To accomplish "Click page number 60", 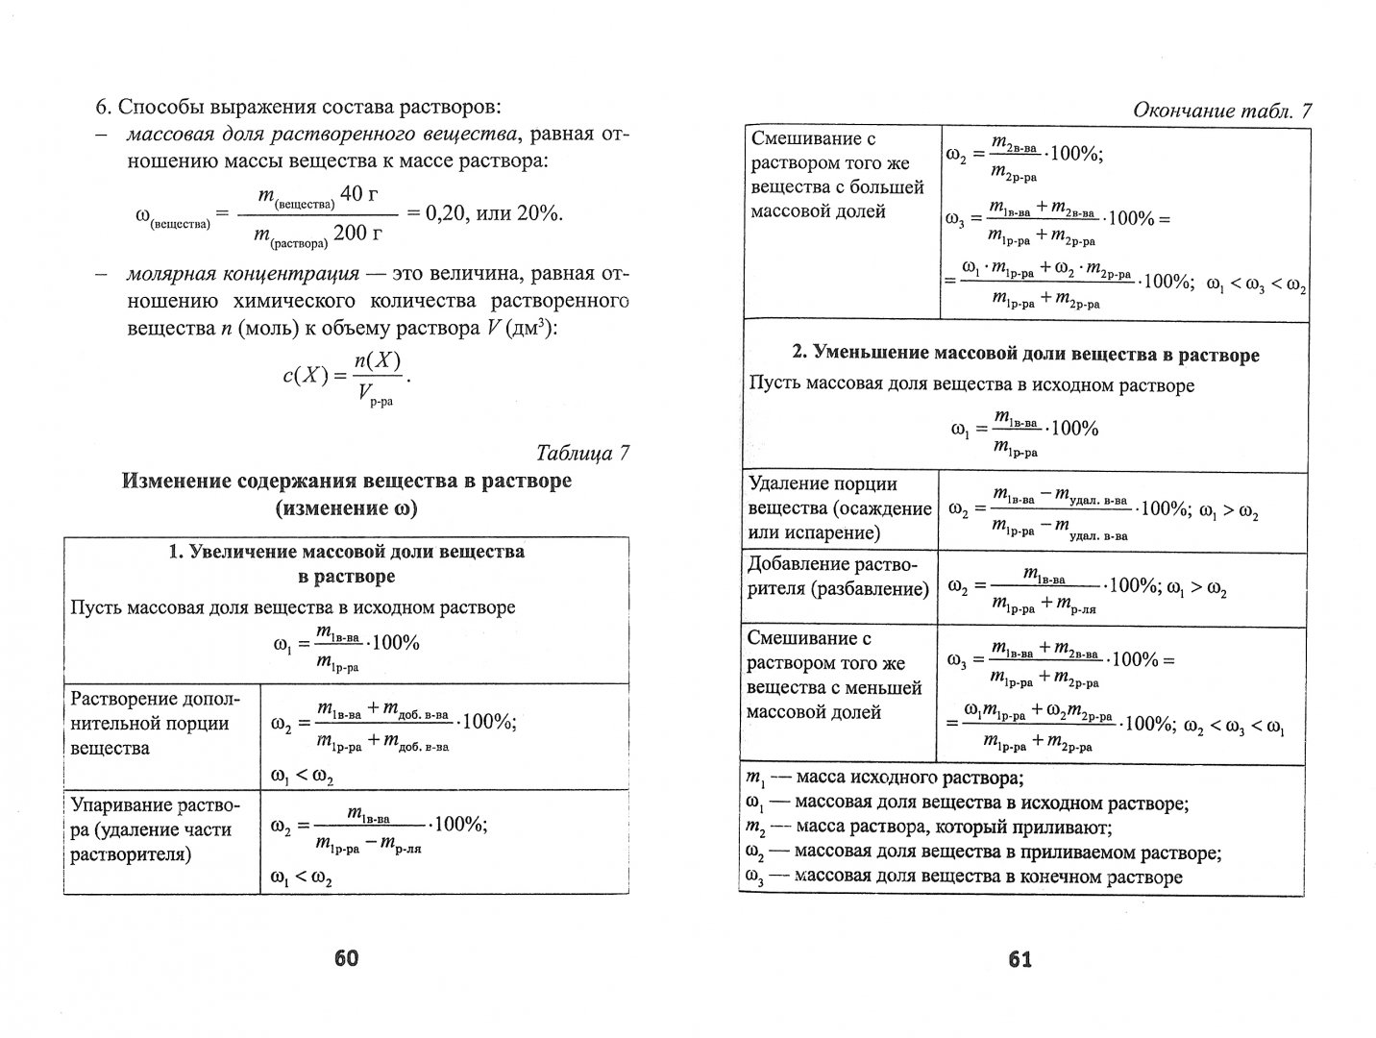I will click(x=345, y=957).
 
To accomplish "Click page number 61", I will click(x=1020, y=958).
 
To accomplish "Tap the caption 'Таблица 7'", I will click(x=583, y=453).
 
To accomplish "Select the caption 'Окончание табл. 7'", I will click(x=1222, y=111).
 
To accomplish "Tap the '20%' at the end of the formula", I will click(x=538, y=213).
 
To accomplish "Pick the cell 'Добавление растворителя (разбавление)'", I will click(x=838, y=577).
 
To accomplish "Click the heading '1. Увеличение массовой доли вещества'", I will click(x=346, y=564).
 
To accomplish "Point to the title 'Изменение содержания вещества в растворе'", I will click(x=347, y=481).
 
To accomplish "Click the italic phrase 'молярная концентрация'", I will click(x=243, y=274).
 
